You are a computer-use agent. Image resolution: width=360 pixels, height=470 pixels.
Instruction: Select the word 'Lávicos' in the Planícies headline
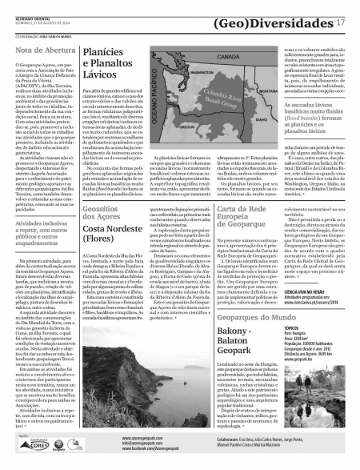(x=102, y=82)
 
